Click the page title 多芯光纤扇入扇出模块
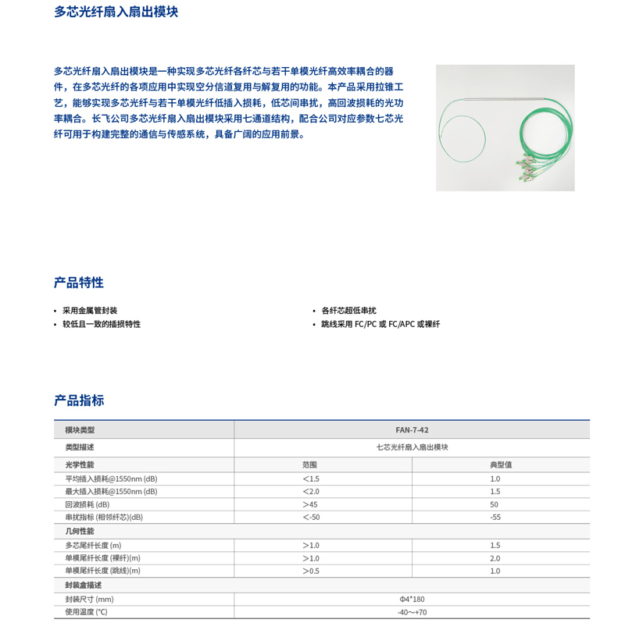116,12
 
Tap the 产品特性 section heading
79,283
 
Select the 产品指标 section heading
79,400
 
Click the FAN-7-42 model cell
412,430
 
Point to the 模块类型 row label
80,430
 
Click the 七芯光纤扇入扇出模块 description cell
412,447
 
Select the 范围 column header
309,464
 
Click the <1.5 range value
310,479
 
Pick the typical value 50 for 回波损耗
495,504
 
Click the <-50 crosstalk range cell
310,517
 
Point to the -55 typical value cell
495,517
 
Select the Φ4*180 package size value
412,599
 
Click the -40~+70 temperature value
412,612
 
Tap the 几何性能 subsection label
79,531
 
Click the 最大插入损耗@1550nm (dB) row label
111,491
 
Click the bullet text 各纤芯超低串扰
348,311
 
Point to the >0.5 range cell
310,571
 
